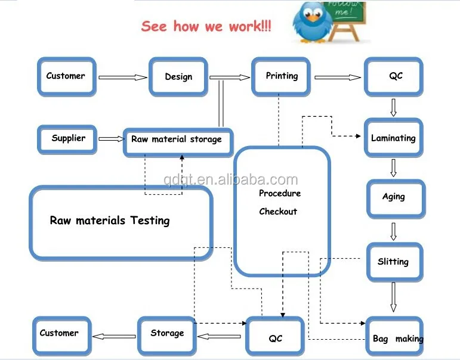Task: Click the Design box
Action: pyautogui.click(x=178, y=76)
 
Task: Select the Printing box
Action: pyautogui.click(x=282, y=76)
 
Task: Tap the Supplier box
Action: pyautogui.click(x=68, y=138)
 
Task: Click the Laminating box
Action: pyautogui.click(x=393, y=138)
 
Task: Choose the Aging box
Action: pyautogui.click(x=394, y=197)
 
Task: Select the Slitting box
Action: pyautogui.click(x=393, y=262)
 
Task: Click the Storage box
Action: pyautogui.click(x=167, y=333)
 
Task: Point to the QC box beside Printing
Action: pyautogui.click(x=396, y=76)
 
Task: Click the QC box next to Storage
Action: pyautogui.click(x=275, y=338)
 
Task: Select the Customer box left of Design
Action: pyautogui.click(x=66, y=76)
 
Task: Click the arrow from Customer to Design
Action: pyautogui.click(x=122, y=77)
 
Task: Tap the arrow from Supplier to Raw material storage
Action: pyautogui.click(x=111, y=139)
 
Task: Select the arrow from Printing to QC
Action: pyautogui.click(x=338, y=77)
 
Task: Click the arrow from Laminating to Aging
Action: pyautogui.click(x=393, y=167)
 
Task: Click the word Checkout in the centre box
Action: pyautogui.click(x=278, y=212)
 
